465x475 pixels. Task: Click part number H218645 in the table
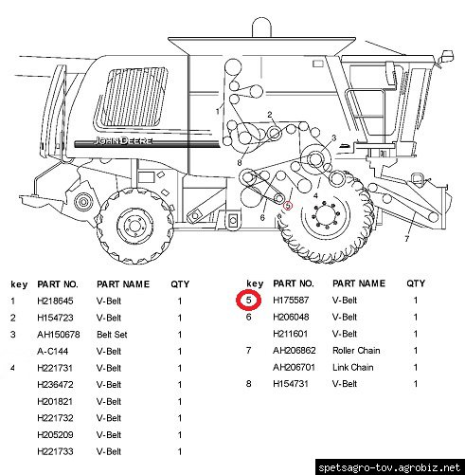pos(55,301)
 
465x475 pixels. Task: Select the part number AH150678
pos(59,335)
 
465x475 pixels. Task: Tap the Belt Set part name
pos(112,335)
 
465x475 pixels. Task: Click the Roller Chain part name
pos(356,350)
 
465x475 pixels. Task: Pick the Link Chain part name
pos(352,367)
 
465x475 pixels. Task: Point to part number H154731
pos(291,384)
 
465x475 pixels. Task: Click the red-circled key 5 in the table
pos(249,300)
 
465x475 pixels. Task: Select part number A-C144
pos(52,351)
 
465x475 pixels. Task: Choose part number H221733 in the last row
pos(55,451)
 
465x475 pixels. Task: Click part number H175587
pos(291,300)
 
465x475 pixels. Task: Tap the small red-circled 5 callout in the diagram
pos(288,206)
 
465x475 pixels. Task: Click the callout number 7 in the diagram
pos(406,239)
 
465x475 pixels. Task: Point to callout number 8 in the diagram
pos(240,163)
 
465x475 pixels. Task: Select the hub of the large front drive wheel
pos(326,214)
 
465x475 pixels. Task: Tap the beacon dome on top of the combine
pos(261,27)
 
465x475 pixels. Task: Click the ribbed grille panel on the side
pos(132,97)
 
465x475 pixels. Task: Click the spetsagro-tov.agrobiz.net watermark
pos(389,467)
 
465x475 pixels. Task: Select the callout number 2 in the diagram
pos(270,115)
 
